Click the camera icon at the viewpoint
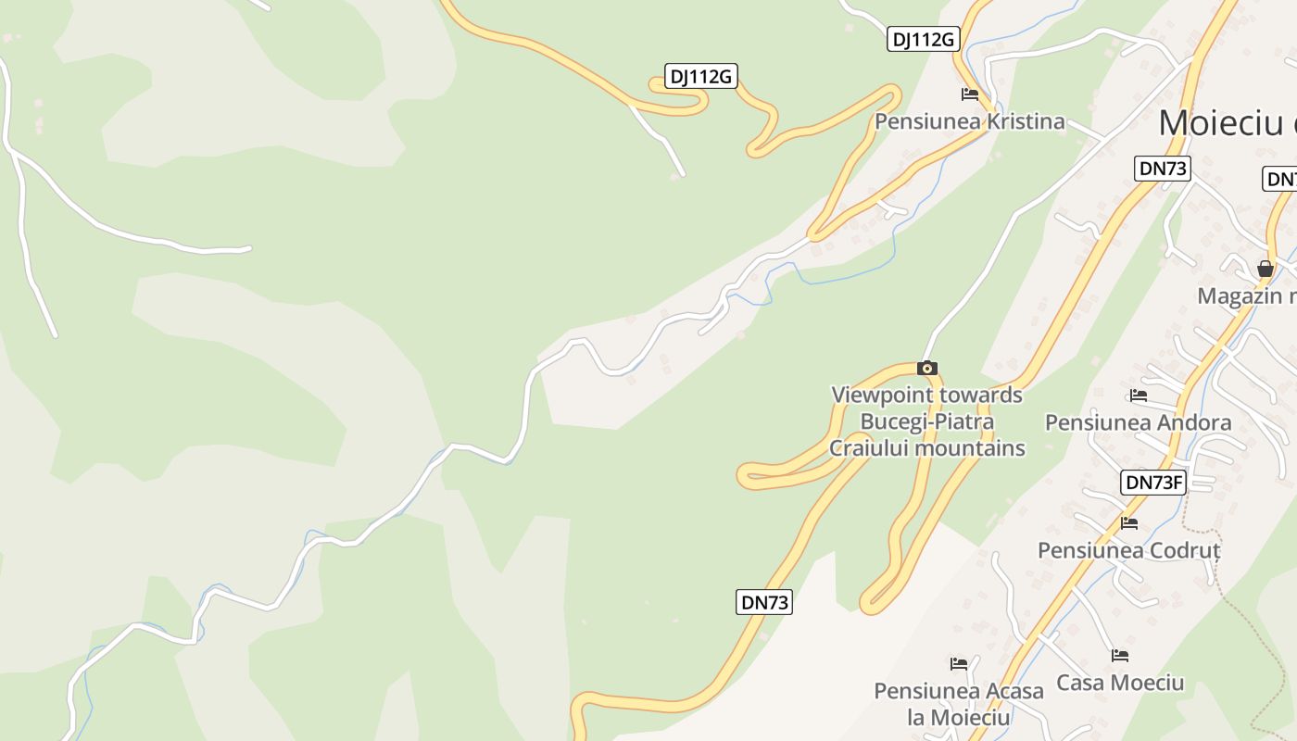(927, 368)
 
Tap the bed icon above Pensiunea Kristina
(970, 94)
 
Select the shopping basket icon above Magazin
(1266, 269)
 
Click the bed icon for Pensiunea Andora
(1139, 396)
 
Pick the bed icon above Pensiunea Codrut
(1128, 523)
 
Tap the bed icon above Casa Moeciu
(1120, 656)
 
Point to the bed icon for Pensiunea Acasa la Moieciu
(959, 664)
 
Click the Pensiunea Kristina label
(970, 121)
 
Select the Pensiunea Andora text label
(1138, 422)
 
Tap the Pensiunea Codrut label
(1128, 550)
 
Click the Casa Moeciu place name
(1120, 683)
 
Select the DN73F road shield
(1153, 482)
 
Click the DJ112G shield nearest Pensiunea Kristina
(922, 39)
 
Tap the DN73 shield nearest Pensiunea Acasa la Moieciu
(765, 602)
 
